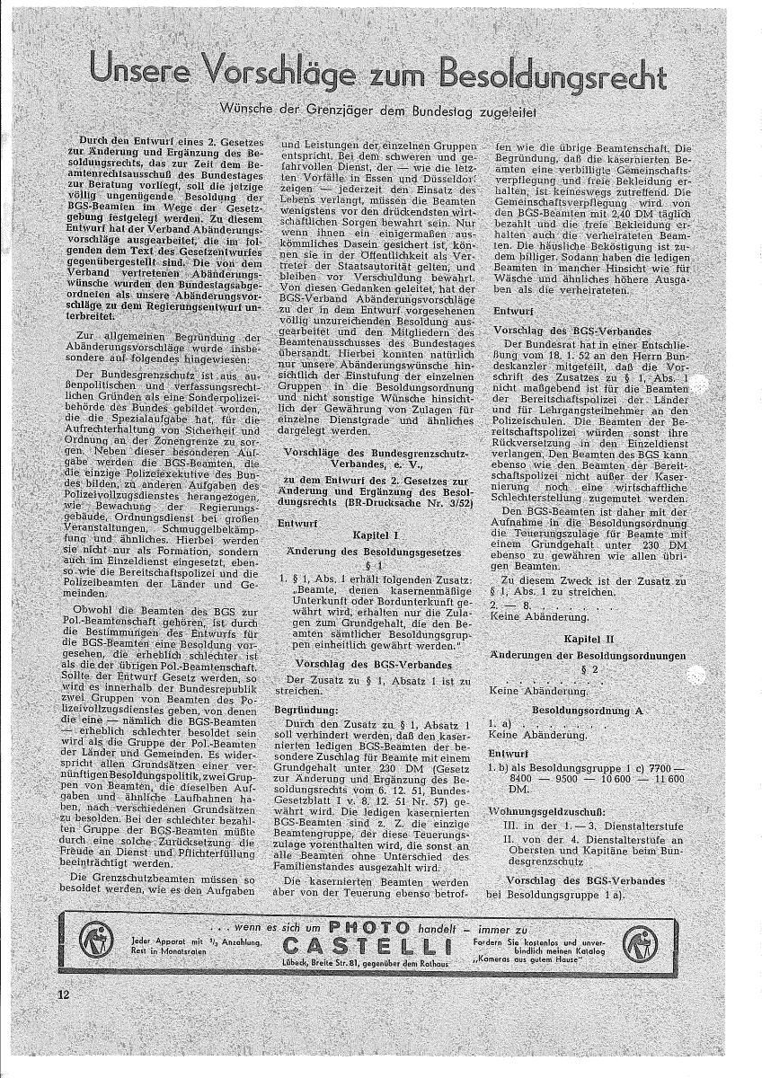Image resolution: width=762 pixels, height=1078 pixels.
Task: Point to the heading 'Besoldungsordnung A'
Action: click(588, 709)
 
